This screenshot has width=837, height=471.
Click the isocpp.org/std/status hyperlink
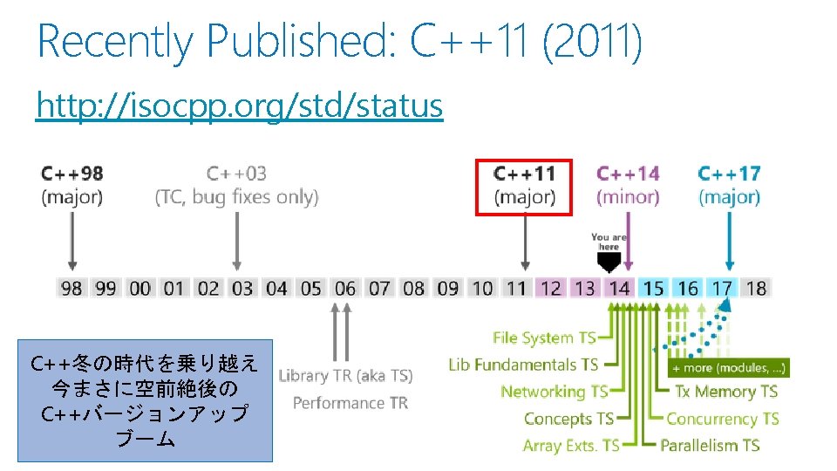[x=239, y=106]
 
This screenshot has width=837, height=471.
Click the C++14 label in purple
[x=628, y=174]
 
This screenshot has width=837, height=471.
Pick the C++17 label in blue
[x=729, y=174]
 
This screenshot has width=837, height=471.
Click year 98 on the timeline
[x=71, y=288]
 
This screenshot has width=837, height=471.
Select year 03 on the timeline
[x=242, y=288]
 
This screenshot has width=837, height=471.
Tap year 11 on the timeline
[x=516, y=288]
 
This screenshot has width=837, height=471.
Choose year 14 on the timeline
[x=619, y=288]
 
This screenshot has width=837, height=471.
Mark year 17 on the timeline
[x=722, y=288]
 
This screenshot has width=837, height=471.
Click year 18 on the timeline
[x=756, y=288]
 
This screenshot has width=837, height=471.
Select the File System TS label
[x=545, y=338]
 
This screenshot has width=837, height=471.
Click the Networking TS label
[x=554, y=392]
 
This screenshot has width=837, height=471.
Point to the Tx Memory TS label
[x=725, y=392]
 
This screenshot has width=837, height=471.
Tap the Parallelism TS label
[x=710, y=446]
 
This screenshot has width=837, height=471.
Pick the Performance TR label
[x=350, y=403]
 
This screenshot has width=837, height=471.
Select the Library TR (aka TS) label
[x=345, y=376]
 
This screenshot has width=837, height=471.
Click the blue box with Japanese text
[x=145, y=400]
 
